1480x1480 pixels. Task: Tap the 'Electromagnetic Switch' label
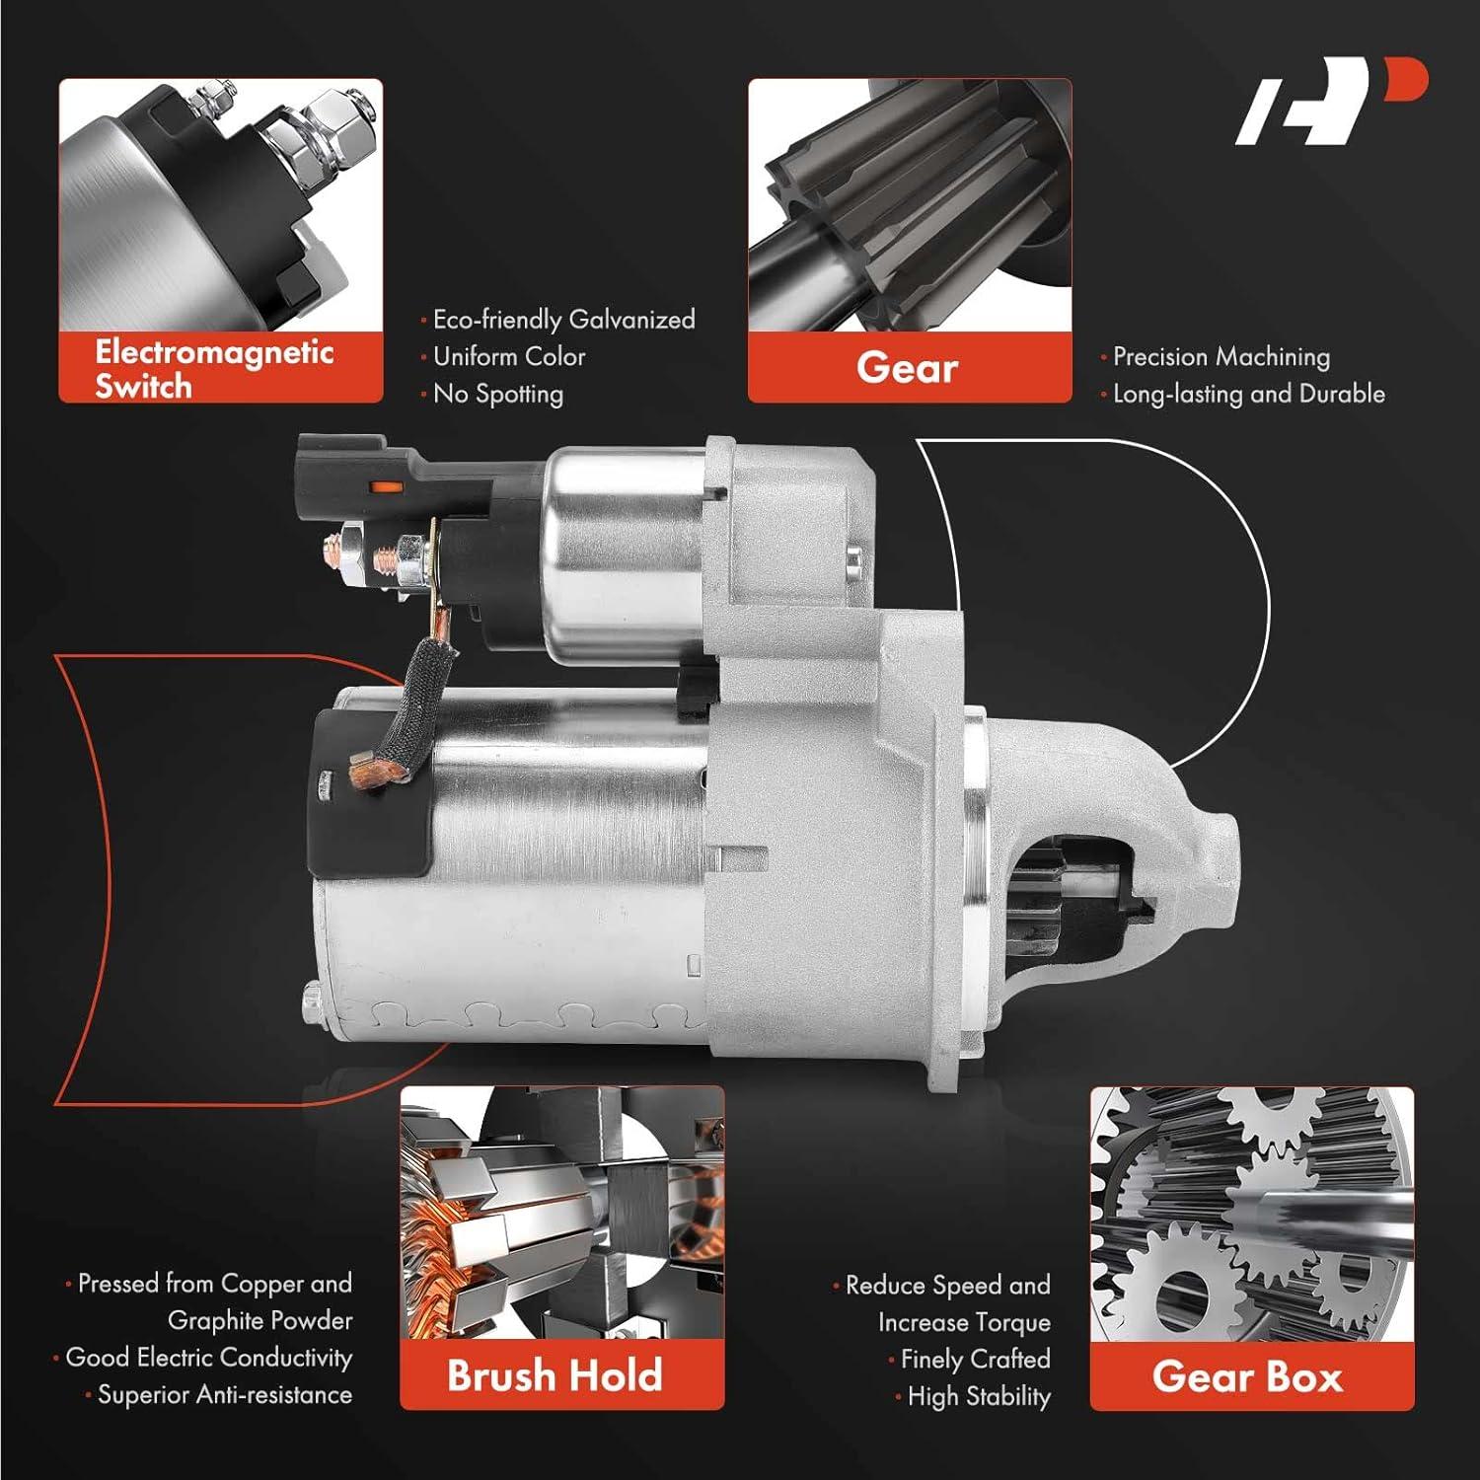click(214, 368)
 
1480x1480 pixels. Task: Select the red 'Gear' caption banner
click(908, 367)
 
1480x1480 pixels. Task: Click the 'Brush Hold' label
click(555, 1374)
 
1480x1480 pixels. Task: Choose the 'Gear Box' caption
click(1248, 1375)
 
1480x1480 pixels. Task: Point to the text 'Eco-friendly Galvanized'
click(563, 320)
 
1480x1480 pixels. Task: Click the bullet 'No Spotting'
click(498, 394)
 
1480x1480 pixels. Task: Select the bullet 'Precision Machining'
click(1221, 356)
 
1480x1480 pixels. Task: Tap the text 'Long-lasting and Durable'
click(1248, 394)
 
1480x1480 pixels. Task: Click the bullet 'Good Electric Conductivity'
click(208, 1358)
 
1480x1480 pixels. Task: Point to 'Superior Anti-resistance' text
click(224, 1394)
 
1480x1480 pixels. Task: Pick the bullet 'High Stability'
click(978, 1396)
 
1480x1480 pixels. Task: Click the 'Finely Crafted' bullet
click(975, 1360)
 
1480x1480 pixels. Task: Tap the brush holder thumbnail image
click(561, 1214)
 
